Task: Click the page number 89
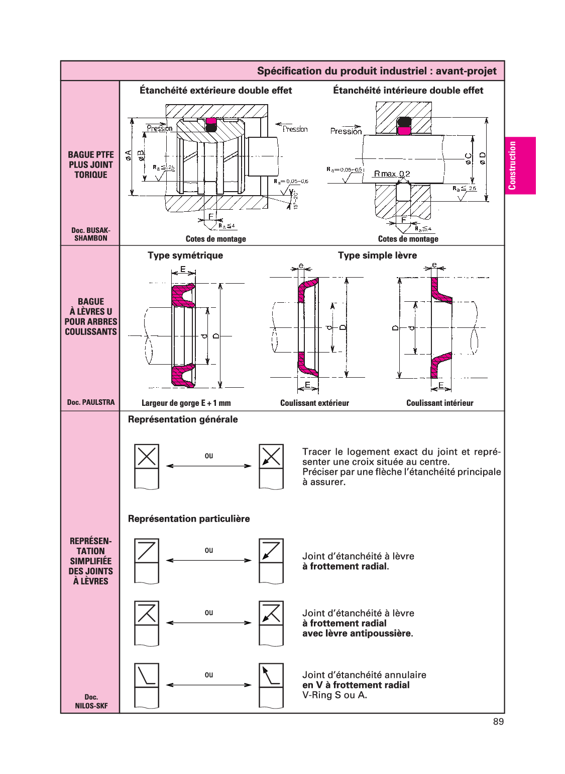(x=498, y=722)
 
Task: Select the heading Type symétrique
(x=185, y=255)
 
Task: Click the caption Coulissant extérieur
(x=314, y=403)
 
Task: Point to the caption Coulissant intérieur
(x=440, y=403)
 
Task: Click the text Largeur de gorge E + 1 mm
(x=186, y=403)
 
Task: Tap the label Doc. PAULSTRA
(x=91, y=402)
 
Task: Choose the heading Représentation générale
(x=183, y=419)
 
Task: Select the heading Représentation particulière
(x=189, y=519)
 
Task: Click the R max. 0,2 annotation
(x=392, y=174)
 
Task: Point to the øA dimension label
(x=129, y=155)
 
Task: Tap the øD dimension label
(x=482, y=158)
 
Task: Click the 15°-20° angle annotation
(x=295, y=200)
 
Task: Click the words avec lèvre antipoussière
(x=358, y=633)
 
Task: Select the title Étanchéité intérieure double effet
(x=408, y=90)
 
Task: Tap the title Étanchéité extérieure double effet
(x=216, y=90)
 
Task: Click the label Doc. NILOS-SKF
(x=91, y=702)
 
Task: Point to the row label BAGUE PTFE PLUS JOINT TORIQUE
(x=91, y=165)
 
